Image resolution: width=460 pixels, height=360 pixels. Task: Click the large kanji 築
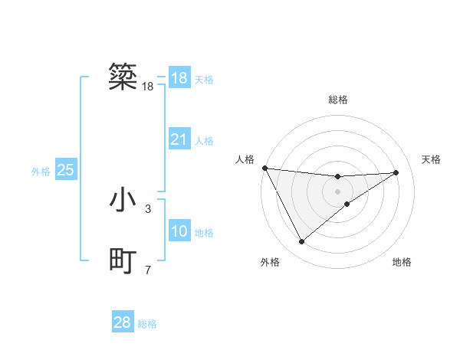123,77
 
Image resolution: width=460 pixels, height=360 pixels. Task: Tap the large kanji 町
123,262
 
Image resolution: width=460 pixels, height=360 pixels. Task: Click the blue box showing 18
179,78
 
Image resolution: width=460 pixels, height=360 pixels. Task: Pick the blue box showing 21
179,139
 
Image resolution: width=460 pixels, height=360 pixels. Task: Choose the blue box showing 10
179,231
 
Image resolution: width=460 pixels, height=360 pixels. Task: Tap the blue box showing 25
66,170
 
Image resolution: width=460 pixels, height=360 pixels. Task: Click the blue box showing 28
123,322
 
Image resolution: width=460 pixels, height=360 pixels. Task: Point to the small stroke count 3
148,208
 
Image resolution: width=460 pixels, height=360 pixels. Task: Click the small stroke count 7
148,270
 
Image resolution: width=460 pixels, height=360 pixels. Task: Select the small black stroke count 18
148,87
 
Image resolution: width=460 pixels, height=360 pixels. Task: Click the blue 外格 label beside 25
41,172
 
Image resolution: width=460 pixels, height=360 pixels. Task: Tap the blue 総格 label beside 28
147,324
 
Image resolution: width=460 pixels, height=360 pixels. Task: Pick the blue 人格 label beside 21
204,141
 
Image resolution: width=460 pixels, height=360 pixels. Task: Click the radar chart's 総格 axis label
338,100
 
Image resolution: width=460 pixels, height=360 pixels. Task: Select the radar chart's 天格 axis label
432,159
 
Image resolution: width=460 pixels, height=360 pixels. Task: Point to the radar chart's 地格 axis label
402,262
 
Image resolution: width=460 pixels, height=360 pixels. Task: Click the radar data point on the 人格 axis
264,168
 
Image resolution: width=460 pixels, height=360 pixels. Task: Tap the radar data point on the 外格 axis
301,242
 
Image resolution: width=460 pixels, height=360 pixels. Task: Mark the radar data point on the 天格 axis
396,172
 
